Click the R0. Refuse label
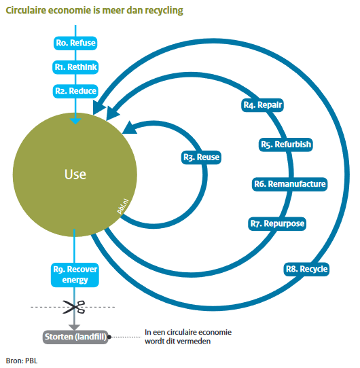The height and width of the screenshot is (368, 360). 75,43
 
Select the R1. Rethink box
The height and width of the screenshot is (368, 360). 75,67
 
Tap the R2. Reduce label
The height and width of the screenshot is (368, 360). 75,90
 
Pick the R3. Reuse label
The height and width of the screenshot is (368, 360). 201,158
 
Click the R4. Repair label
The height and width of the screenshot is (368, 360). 262,105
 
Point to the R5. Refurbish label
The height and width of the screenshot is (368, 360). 286,145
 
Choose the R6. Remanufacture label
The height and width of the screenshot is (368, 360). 289,184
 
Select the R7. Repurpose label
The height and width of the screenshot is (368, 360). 277,223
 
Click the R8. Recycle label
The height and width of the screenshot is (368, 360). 306,270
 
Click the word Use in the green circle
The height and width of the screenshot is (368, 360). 75,174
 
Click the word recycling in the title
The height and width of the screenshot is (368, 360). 162,12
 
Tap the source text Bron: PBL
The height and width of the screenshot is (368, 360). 21,360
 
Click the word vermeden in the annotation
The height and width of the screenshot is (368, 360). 194,342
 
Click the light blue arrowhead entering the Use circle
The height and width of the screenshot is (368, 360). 75,119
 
